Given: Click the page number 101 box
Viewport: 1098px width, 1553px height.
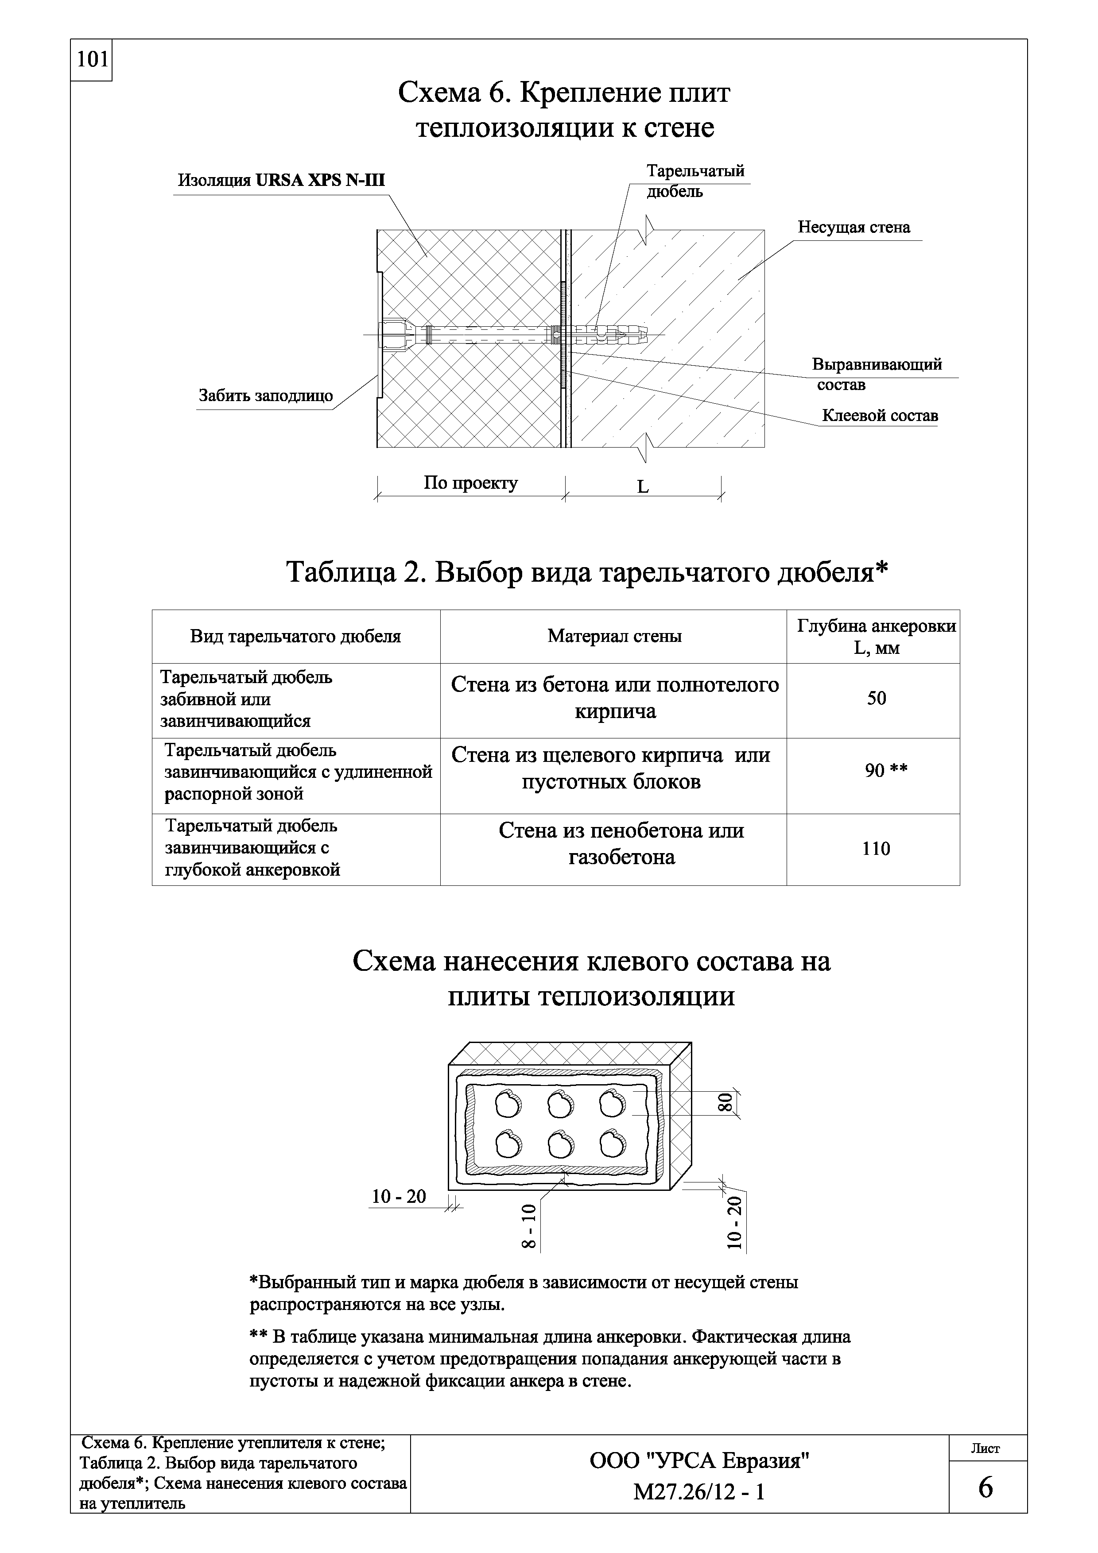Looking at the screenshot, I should click(x=91, y=60).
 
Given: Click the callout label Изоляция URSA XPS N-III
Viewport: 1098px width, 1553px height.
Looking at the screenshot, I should click(x=281, y=181).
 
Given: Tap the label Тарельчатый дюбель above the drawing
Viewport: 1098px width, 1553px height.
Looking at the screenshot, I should click(x=695, y=181).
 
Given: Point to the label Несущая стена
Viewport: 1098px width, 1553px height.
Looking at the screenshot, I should click(x=854, y=227).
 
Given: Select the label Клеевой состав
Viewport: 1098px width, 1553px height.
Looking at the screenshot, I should click(x=880, y=415).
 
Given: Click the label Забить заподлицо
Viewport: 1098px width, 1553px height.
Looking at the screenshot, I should click(x=265, y=396).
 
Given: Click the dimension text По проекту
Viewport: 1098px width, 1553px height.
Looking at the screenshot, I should click(x=470, y=483).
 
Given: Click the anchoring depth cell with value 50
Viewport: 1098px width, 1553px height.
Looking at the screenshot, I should click(x=876, y=699).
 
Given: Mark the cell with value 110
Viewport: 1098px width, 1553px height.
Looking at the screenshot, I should click(x=876, y=849).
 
